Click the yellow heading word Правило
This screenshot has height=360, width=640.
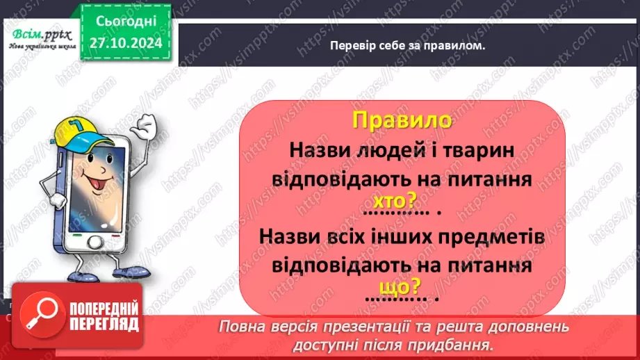click(402, 120)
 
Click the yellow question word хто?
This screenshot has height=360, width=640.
click(394, 202)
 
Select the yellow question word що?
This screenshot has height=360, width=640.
click(401, 286)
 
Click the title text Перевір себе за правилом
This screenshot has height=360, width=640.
click(407, 45)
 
